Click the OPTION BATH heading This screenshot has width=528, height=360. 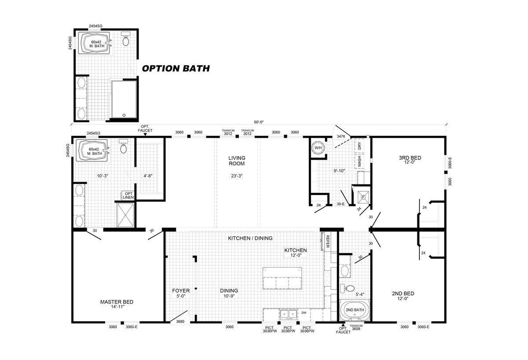(x=175, y=69)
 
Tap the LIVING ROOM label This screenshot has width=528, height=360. (x=236, y=161)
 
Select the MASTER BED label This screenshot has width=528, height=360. (x=117, y=302)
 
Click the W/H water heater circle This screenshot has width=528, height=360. (x=317, y=148)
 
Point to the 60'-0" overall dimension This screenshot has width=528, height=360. (x=259, y=122)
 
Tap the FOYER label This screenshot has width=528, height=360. (x=181, y=291)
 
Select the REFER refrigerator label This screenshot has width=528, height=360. (x=327, y=242)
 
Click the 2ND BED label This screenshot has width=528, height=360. (x=403, y=294)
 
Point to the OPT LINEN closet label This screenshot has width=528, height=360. (x=128, y=195)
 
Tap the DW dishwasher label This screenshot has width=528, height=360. (x=304, y=313)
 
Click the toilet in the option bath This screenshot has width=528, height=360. (x=126, y=40)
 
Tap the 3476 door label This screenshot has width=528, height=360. (x=341, y=137)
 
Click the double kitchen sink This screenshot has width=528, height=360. (x=287, y=314)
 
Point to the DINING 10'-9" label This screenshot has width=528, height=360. (x=229, y=293)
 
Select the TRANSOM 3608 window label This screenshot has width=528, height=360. (x=356, y=328)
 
